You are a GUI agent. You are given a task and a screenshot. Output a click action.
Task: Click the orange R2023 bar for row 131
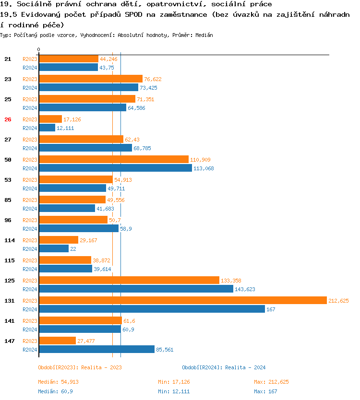click(x=182, y=300)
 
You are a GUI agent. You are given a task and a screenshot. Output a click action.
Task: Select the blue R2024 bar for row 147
click(x=96, y=350)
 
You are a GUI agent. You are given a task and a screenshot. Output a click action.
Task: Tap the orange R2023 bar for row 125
click(x=129, y=280)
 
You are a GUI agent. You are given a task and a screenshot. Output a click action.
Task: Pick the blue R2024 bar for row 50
click(x=115, y=168)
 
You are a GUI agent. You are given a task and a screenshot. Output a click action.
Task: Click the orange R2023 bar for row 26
click(x=50, y=119)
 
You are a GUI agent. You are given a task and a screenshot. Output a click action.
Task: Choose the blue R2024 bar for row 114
click(x=54, y=248)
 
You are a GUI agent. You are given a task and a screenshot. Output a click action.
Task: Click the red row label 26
click(x=8, y=119)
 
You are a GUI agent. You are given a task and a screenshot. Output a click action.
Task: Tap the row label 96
click(x=8, y=220)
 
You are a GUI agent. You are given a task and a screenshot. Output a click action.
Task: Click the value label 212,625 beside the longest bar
click(x=338, y=301)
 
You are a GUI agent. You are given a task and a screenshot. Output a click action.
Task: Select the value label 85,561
click(x=165, y=350)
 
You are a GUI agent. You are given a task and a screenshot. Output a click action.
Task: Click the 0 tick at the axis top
click(x=39, y=49)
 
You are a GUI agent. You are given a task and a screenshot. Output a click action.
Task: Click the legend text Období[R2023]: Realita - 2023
click(x=80, y=367)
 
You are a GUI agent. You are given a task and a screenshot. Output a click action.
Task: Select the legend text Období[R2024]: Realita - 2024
click(x=224, y=367)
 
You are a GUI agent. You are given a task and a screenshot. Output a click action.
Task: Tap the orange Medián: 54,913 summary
click(x=58, y=382)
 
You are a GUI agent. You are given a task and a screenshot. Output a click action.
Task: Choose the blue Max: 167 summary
click(x=265, y=391)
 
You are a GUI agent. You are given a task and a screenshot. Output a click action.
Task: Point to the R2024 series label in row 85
click(x=30, y=209)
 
